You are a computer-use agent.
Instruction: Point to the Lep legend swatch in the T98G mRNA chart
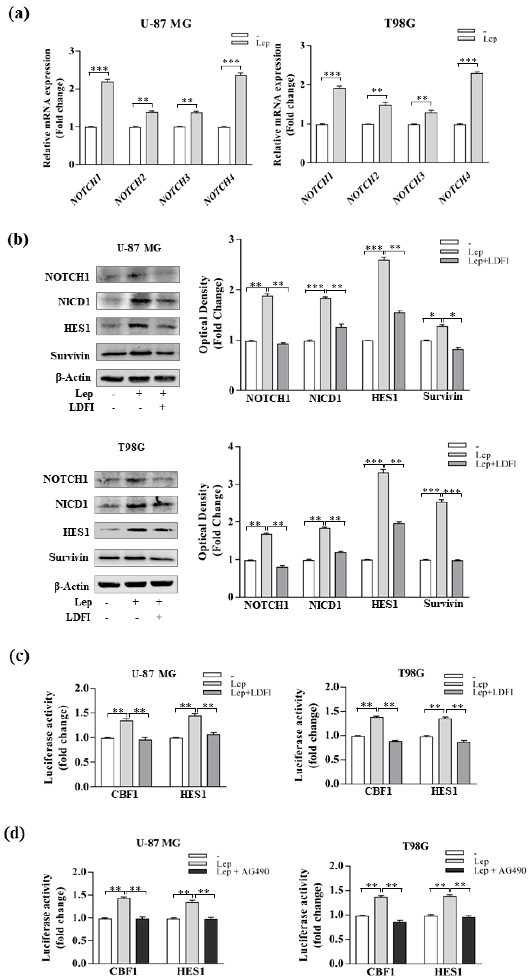[466, 38]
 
